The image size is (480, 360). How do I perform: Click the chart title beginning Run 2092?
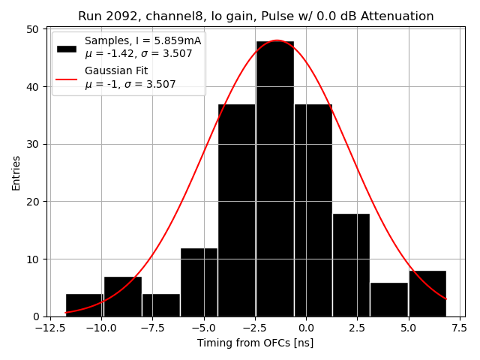(x=256, y=16)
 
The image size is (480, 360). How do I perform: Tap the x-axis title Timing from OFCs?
(x=256, y=343)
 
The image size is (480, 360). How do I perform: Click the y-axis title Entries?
(x=16, y=172)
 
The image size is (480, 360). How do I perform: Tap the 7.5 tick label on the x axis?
(x=459, y=328)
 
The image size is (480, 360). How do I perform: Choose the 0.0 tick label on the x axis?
(x=305, y=328)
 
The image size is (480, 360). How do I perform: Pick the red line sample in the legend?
(x=67, y=77)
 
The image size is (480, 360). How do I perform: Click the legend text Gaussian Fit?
(x=116, y=70)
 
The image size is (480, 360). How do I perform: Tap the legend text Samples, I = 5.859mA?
(x=143, y=40)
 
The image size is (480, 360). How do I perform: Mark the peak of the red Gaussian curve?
(x=277, y=40)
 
